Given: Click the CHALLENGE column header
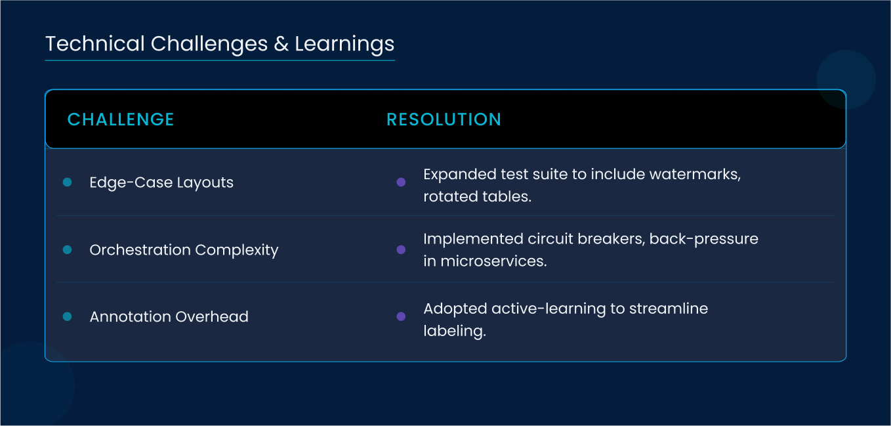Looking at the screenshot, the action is tap(121, 119).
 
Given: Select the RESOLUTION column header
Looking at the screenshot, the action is tap(444, 119).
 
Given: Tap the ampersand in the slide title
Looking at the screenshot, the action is tap(281, 44).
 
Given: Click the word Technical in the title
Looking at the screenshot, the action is tap(95, 43).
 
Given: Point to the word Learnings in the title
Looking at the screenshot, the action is tap(344, 45).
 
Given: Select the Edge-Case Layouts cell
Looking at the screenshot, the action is tap(161, 182).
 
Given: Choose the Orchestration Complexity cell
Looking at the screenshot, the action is tap(184, 250).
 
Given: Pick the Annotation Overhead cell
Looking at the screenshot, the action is tap(169, 316).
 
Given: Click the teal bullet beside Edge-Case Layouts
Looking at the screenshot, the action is tap(67, 182).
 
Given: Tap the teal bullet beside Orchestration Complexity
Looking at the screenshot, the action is tap(67, 249).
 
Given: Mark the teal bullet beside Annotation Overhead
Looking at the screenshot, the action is tap(67, 316).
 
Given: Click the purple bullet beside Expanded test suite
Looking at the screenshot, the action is tap(401, 182).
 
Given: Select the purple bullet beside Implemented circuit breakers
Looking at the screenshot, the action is tap(401, 249).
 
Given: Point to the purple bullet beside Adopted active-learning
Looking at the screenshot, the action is tap(401, 316).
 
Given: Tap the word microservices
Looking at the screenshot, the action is tap(493, 261).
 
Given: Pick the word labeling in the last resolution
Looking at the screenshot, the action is tap(455, 331).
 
